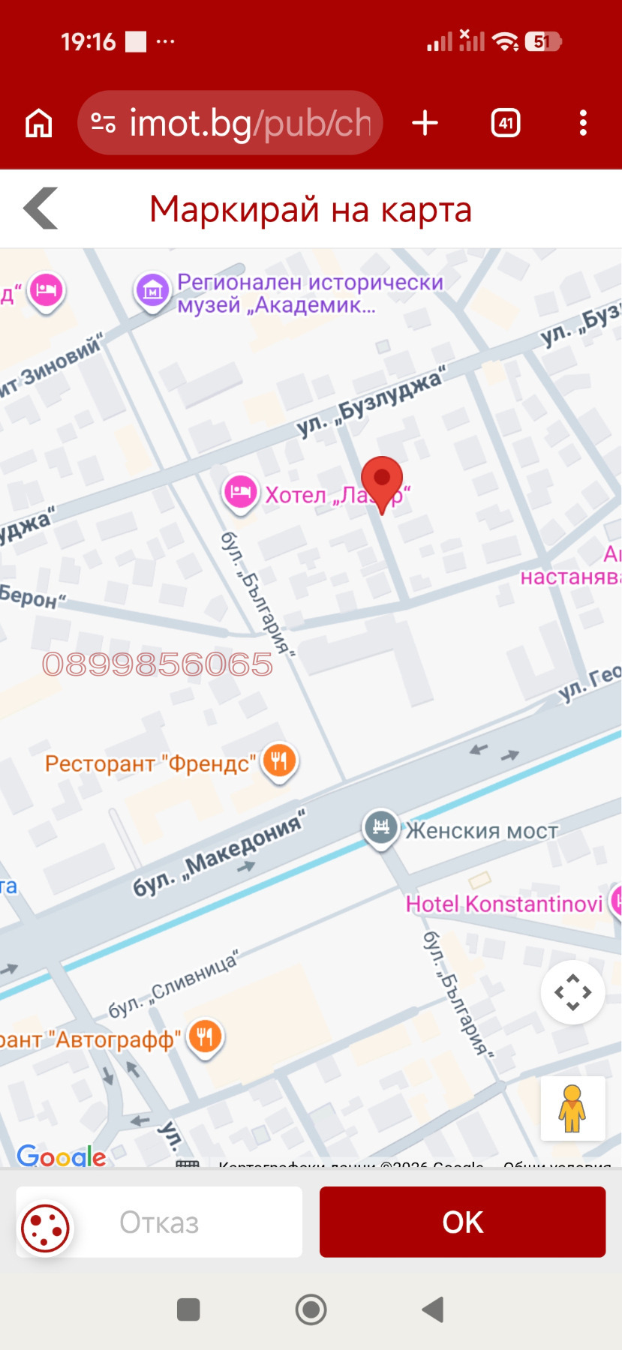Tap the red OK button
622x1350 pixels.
462,1222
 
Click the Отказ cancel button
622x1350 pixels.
159,1222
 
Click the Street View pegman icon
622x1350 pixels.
572,1108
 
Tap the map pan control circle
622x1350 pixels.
572,992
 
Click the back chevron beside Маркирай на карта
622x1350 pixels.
41,208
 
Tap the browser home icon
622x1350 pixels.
39,123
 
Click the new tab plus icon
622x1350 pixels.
425,123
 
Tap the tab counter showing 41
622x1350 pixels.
506,123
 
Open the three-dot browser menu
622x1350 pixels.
583,123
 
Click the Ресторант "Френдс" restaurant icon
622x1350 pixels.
280,761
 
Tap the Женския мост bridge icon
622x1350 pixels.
381,827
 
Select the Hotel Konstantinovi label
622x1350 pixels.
503,904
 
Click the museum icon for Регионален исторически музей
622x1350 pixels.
153,290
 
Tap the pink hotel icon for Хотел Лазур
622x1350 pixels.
241,492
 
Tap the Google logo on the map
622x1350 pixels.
62,1156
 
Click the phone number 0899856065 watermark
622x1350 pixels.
158,664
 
